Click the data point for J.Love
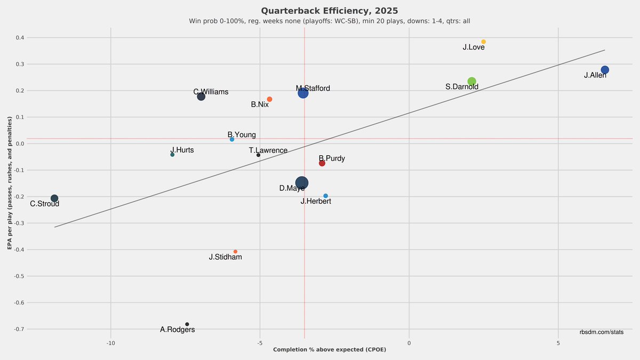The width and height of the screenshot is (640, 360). [x=483, y=42]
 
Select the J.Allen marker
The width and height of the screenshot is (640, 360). [x=604, y=70]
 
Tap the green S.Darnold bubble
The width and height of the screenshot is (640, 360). [x=471, y=82]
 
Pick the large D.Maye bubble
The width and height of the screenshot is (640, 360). [x=301, y=183]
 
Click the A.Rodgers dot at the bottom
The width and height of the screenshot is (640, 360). [x=187, y=324]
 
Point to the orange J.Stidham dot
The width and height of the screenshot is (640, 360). [x=235, y=252]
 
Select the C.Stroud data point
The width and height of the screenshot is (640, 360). [x=54, y=198]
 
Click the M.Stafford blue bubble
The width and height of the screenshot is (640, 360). [x=303, y=93]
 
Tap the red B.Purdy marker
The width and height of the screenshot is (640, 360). [x=322, y=163]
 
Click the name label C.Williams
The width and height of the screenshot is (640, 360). [x=211, y=92]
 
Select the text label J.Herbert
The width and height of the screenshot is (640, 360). [x=316, y=201]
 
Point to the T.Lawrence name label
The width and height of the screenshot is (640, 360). [x=268, y=150]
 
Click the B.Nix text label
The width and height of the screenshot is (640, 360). [x=260, y=105]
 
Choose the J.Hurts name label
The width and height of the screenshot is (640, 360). [x=182, y=150]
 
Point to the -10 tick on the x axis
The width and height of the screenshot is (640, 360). [x=110, y=343]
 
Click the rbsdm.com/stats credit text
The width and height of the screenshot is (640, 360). [x=601, y=332]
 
